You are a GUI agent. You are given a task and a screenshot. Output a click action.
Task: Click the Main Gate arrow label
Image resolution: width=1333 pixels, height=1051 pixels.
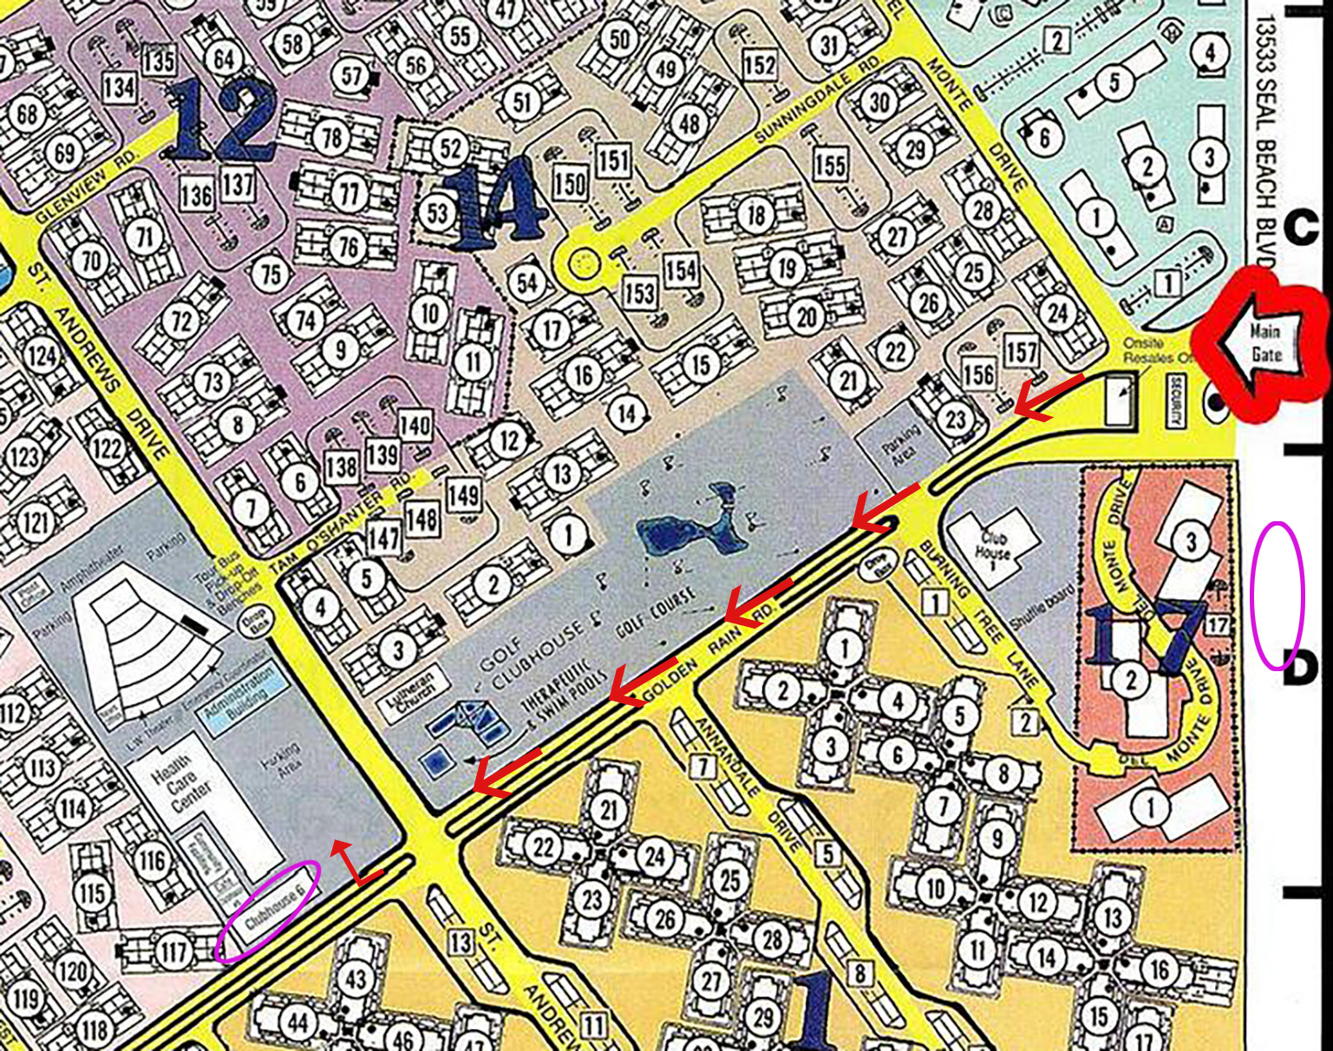tap(1265, 343)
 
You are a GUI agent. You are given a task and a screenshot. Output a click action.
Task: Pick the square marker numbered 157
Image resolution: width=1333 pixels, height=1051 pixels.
tap(1021, 351)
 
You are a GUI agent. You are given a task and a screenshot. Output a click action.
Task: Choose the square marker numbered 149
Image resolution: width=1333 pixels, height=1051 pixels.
tap(463, 494)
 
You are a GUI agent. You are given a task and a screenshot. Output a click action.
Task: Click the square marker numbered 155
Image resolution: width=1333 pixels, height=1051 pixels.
tap(830, 163)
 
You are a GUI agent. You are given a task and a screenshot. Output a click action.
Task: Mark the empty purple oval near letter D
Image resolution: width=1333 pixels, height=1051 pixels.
tap(1277, 595)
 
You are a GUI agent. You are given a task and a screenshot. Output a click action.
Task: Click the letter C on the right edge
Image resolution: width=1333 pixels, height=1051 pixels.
tap(1300, 228)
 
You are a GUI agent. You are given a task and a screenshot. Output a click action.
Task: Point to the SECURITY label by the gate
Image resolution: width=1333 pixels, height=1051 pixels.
tap(1175, 401)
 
